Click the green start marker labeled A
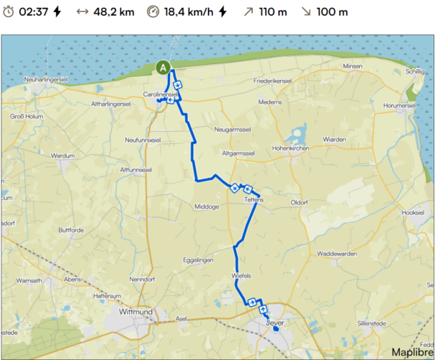163,67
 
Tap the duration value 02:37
34,12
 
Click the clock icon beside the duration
8,12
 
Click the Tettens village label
254,199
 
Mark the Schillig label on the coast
416,72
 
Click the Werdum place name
63,155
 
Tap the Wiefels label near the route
241,275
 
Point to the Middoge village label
207,207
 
